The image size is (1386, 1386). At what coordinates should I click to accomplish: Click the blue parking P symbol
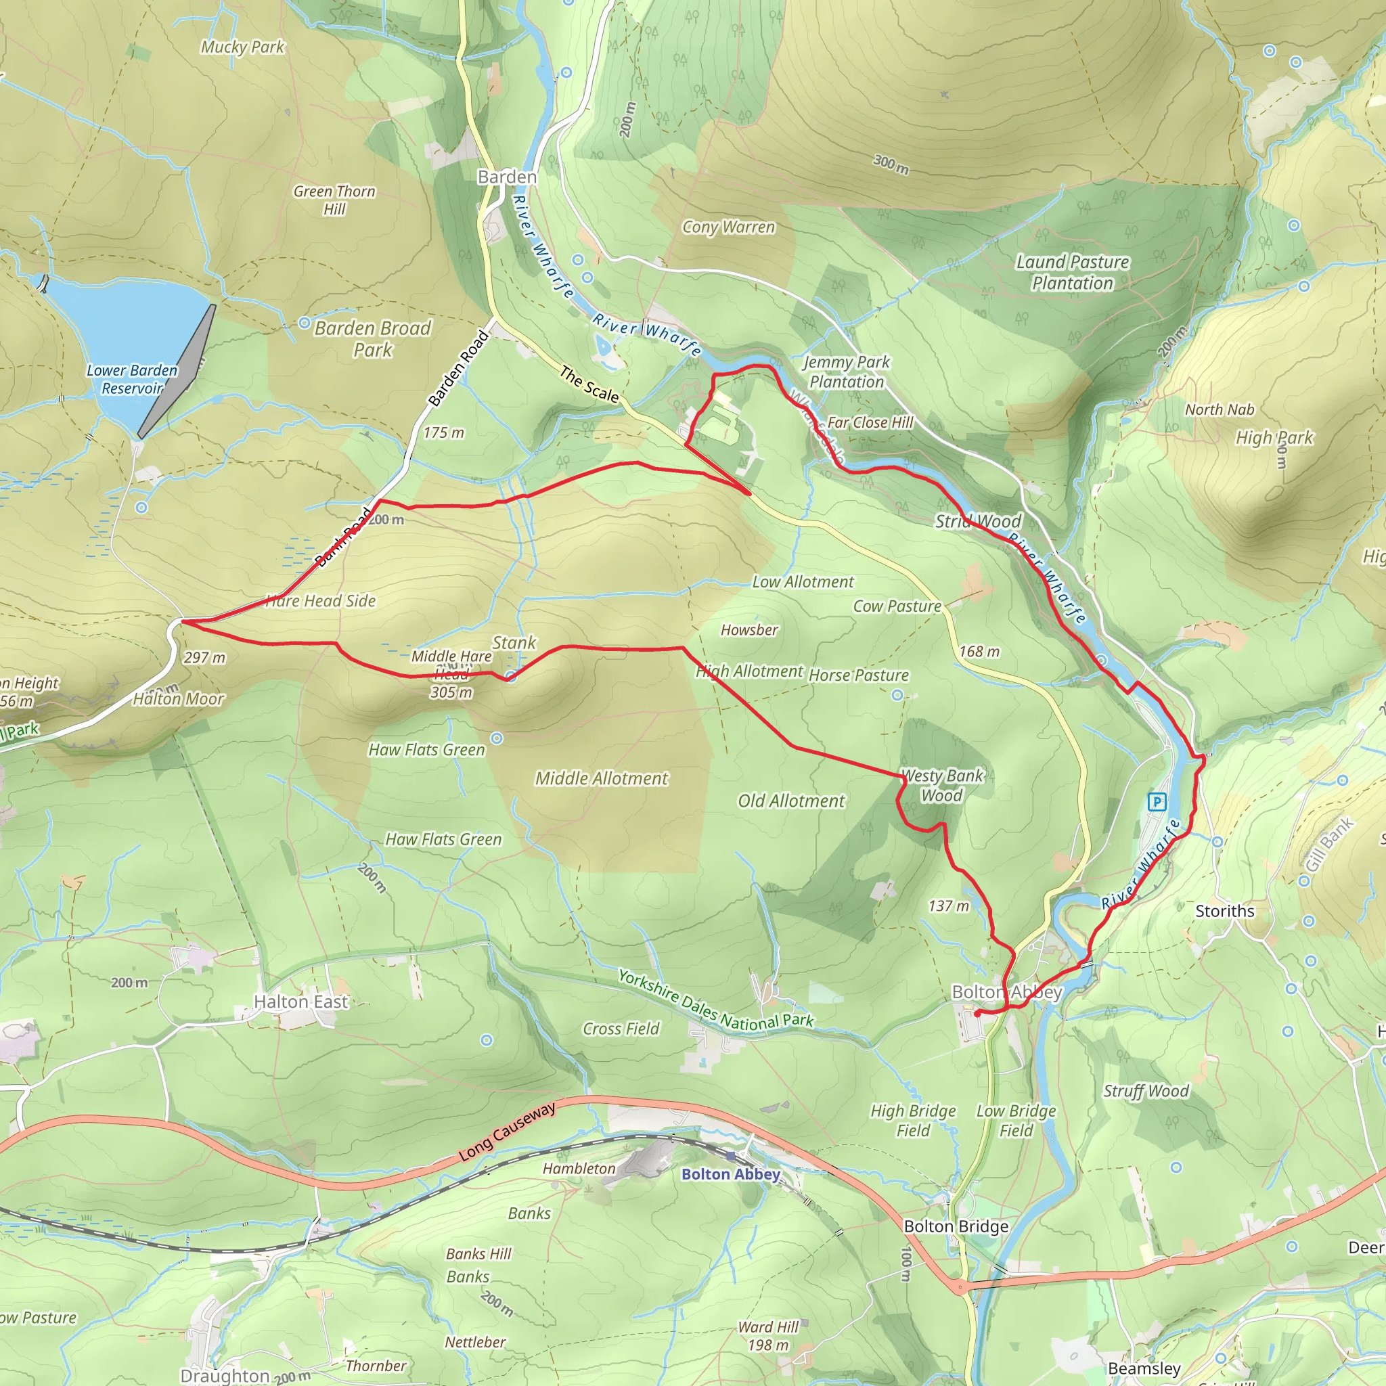coord(1157,801)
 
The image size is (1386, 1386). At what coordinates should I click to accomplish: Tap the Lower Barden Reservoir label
coord(131,379)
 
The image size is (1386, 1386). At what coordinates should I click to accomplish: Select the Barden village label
coord(507,177)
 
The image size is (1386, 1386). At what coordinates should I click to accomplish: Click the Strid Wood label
coord(978,522)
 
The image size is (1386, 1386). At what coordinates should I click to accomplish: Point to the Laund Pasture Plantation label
coord(1073,273)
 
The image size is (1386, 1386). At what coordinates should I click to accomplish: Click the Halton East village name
coord(300,1002)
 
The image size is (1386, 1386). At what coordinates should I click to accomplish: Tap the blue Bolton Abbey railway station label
coord(730,1174)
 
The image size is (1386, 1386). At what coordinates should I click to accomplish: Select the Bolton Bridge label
coord(956,1226)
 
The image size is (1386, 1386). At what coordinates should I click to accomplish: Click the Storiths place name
coord(1224,911)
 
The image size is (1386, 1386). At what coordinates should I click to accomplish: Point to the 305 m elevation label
coord(451,692)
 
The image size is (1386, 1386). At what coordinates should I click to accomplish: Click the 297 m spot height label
coord(204,657)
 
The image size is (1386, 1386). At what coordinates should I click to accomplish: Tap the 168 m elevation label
coord(979,652)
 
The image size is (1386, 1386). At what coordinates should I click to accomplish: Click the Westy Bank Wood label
coord(942,786)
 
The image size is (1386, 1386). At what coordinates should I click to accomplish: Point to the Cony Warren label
coord(728,227)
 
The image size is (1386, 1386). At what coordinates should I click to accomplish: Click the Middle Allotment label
coord(601,778)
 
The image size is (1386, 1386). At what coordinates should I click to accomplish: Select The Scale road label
coord(589,384)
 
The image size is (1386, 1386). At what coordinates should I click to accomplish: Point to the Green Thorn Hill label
coord(334,200)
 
